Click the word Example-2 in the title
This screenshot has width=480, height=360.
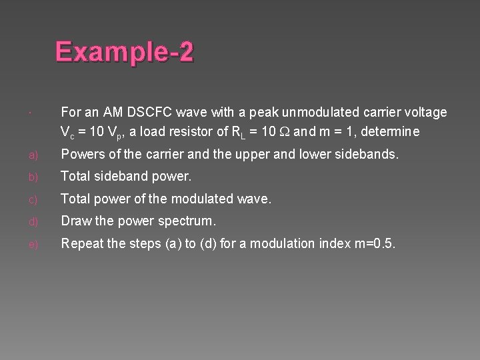(124, 51)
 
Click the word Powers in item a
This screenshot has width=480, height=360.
(82, 155)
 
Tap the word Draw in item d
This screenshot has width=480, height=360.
(75, 221)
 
